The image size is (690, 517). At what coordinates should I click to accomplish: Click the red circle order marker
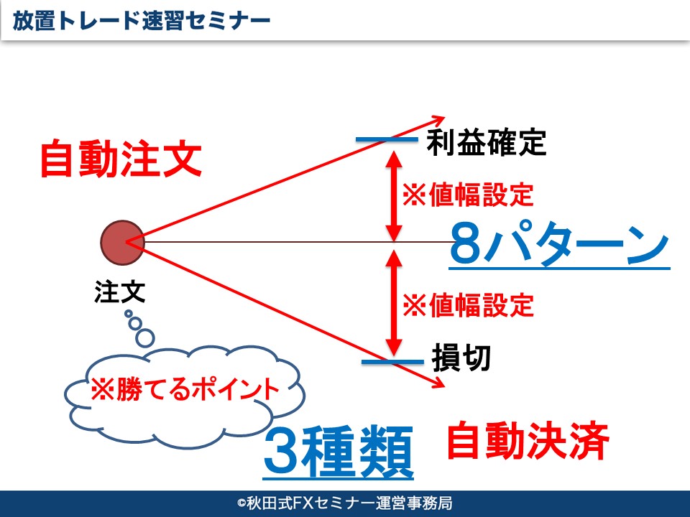point(122,243)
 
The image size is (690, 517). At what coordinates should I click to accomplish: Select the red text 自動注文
point(121,159)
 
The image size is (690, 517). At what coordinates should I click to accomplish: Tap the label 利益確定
point(487,141)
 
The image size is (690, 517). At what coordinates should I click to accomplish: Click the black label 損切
point(461,358)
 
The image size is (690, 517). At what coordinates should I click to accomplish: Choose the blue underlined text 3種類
point(339,452)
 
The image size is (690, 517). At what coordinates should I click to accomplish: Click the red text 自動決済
point(528,440)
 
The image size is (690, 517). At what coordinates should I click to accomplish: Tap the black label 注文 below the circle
point(120,292)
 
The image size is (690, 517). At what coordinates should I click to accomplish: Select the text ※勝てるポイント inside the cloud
point(185,389)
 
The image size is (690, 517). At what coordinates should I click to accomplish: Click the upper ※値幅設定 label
point(468,195)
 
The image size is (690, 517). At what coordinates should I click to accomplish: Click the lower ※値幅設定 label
point(468,305)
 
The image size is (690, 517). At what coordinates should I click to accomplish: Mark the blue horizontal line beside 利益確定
point(387,140)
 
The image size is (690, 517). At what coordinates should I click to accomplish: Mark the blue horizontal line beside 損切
point(392,362)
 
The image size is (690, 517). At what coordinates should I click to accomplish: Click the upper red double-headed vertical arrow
point(394,196)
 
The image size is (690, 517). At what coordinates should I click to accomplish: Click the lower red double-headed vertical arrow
point(394,303)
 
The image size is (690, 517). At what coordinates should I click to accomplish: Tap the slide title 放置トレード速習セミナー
point(142,21)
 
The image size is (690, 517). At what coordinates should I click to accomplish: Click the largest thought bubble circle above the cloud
point(144,338)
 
